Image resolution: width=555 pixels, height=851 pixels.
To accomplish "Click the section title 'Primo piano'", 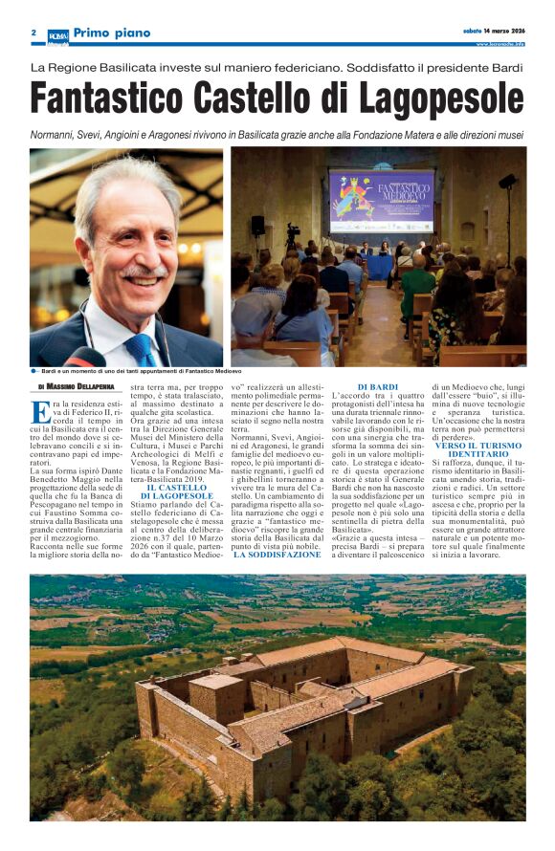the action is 112,33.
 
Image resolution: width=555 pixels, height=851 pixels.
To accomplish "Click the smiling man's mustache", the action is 144,271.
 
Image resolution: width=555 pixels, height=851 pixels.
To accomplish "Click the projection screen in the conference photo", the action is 381,203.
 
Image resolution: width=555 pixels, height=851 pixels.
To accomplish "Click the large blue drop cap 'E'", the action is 40,411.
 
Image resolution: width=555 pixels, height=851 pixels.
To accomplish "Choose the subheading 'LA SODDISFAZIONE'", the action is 277,555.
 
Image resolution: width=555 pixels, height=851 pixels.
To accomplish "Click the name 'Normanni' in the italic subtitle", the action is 59,135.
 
